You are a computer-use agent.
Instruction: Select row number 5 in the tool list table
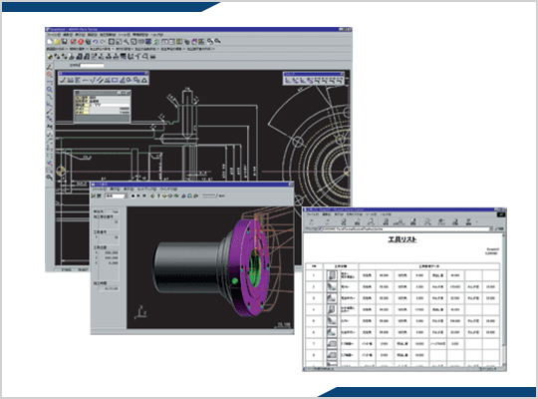(x=316, y=326)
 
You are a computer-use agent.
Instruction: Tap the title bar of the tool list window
(x=399, y=211)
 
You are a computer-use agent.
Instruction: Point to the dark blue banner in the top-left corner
(x=100, y=6)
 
